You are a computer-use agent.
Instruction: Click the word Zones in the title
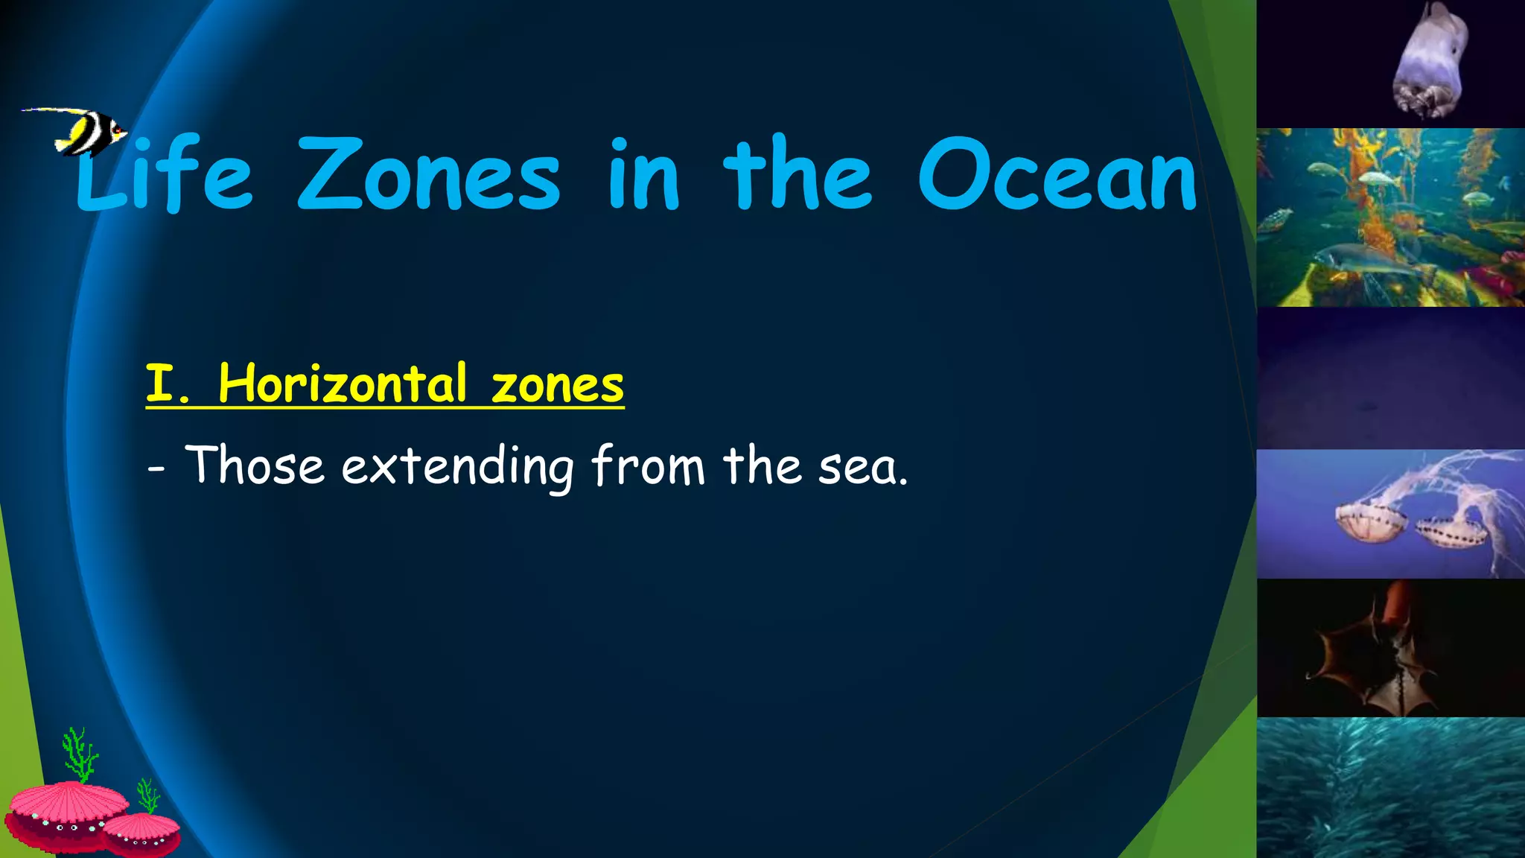click(x=428, y=176)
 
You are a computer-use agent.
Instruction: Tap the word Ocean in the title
click(x=1057, y=176)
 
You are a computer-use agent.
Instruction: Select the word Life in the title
click(x=165, y=176)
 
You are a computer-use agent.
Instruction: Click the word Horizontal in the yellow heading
click(x=343, y=384)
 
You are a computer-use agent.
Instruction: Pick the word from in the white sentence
click(x=648, y=466)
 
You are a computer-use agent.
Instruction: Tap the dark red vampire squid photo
click(x=1389, y=648)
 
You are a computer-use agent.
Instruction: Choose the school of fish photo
click(x=1389, y=788)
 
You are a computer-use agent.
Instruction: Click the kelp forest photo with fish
click(x=1389, y=217)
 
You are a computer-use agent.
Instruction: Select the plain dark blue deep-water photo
click(x=1389, y=378)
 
